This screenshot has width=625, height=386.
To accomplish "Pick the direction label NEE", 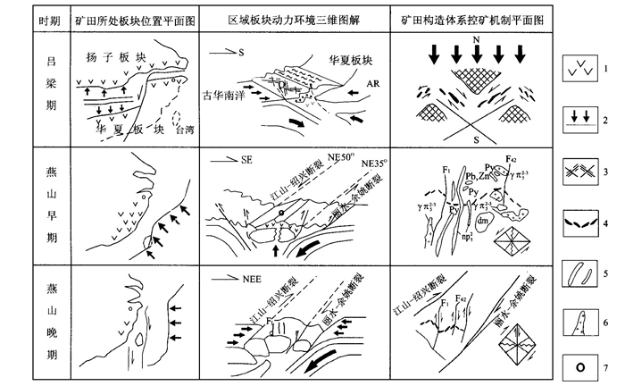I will point(254,279).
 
